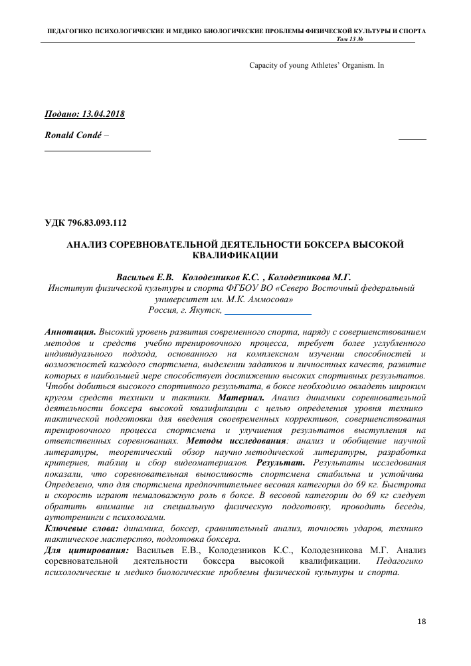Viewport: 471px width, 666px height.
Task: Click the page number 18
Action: point(422,622)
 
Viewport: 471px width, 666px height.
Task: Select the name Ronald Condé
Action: point(72,135)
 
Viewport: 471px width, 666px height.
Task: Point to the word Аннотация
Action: point(70,331)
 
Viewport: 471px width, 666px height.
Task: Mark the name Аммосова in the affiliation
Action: point(266,299)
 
